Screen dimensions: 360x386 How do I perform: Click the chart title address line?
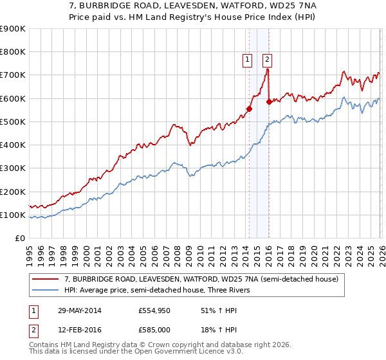[192, 6]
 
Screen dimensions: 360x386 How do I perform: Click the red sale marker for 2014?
[249, 109]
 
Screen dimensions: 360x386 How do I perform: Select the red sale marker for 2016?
[268, 102]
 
